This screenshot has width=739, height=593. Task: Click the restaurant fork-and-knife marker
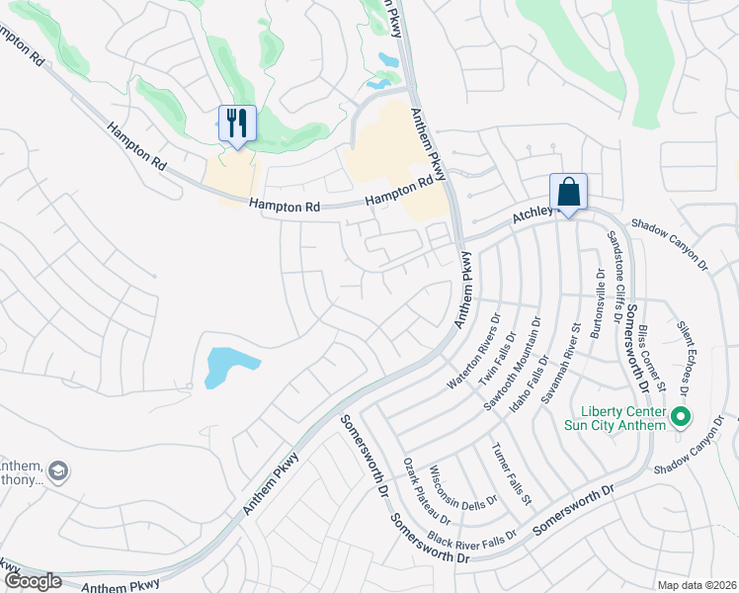[x=237, y=125]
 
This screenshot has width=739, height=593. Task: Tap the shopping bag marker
[x=568, y=192]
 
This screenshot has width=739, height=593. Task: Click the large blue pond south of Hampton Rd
[x=228, y=367]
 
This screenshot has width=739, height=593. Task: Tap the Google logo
[x=33, y=581]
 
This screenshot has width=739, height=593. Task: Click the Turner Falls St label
[x=512, y=472]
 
